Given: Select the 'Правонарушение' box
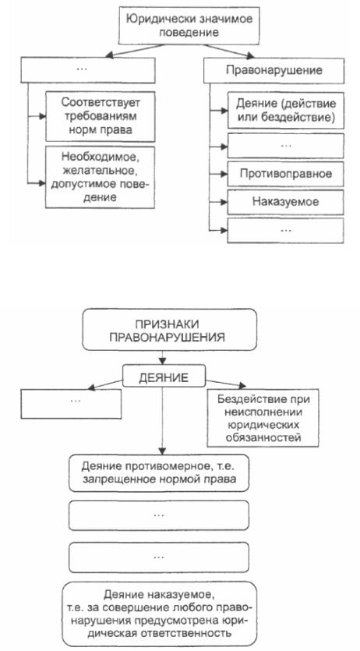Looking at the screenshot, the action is tap(274, 70).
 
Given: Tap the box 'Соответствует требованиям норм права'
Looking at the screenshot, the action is tap(100, 116).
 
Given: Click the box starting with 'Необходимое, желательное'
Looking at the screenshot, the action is tap(100, 177).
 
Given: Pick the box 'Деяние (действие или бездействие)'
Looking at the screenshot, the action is tap(285, 110).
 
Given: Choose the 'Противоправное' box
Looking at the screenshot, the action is tap(285, 174).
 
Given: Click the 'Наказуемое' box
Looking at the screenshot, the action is tap(285, 202).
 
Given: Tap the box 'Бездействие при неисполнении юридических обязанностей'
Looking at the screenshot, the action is tap(263, 418).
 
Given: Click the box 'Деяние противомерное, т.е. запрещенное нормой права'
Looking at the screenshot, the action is tap(159, 473).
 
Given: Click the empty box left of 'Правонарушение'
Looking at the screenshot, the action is tap(87, 70).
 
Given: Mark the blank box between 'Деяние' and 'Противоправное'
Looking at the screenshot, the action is tap(285, 145).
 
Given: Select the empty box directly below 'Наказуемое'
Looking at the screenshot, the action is tap(285, 231).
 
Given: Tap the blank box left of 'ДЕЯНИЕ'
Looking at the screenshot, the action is tap(71, 404).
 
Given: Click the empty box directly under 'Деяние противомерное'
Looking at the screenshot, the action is tap(159, 515).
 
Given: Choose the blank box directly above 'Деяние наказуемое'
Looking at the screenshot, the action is tap(159, 557).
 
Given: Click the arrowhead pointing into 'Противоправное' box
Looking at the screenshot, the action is tap(224, 174).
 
